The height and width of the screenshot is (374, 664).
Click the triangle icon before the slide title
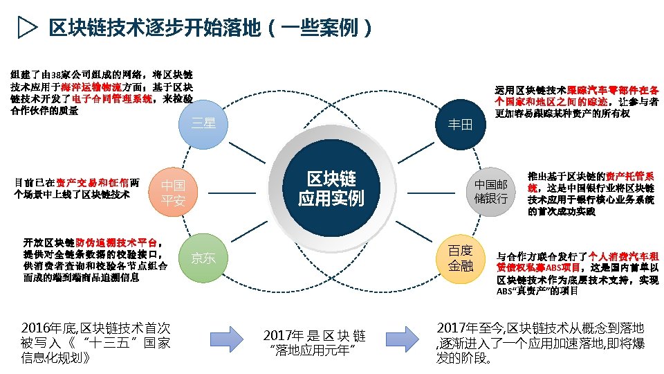point(26,28)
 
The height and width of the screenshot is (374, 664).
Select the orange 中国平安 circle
point(173,193)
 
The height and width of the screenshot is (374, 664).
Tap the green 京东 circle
point(203,258)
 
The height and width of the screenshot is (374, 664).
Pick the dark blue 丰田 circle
point(460,124)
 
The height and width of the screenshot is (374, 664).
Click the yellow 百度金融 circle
point(460,258)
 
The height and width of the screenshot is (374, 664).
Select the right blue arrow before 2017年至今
point(403,341)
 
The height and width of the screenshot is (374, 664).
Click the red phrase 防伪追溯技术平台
point(116,242)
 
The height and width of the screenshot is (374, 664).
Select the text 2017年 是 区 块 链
point(314,336)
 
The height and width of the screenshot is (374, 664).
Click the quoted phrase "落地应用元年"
point(314,350)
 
